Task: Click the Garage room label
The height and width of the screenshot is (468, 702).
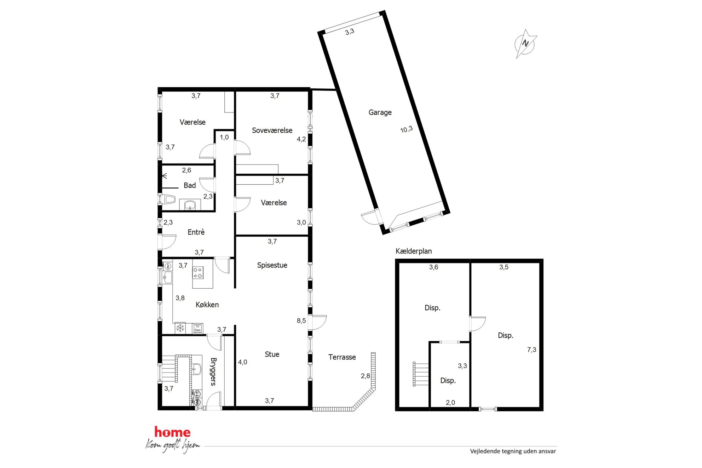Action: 380,112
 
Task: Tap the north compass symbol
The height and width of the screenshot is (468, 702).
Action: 525,44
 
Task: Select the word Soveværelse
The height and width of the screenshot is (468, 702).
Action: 272,130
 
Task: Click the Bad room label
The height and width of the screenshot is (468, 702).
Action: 190,185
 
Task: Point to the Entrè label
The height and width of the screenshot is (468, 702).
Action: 196,232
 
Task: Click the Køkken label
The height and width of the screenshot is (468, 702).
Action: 207,305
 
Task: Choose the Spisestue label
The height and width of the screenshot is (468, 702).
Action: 272,265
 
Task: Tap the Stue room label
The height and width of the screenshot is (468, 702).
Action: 272,354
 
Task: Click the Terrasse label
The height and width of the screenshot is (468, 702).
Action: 342,357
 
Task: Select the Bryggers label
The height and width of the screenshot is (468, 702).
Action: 213,371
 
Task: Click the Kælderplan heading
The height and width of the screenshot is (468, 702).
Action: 414,251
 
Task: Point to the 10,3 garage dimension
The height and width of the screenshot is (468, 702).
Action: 407,129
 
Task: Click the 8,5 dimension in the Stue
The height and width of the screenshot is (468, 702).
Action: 301,321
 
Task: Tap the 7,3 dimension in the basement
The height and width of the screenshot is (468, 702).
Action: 531,350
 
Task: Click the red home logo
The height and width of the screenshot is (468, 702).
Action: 172,432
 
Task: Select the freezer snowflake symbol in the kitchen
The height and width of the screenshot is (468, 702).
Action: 180,328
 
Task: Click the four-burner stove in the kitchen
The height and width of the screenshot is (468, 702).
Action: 198,273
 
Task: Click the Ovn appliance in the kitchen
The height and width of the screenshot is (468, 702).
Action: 197,329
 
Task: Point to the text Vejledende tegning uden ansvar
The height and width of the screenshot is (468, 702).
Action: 513,451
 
